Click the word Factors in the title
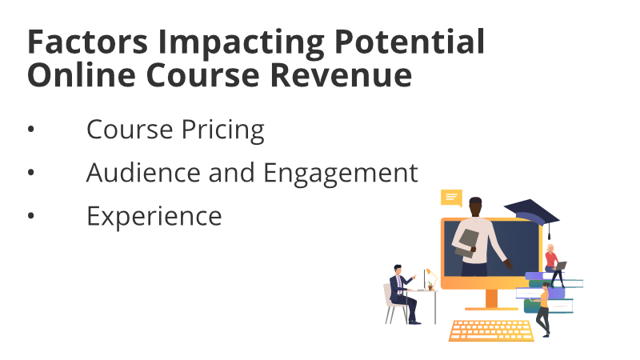coord(87,42)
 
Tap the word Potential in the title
coord(410,42)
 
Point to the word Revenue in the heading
coord(341,75)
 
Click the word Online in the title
coord(82,74)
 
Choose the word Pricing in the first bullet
coord(223,130)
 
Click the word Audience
coord(143,172)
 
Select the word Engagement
coord(341,174)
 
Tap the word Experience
coord(154,216)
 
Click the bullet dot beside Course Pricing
coord(31,130)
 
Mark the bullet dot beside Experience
coord(31,216)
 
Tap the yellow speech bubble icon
coord(451,198)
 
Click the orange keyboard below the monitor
coord(491,330)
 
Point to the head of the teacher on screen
coord(475,207)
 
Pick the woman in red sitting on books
coord(554,265)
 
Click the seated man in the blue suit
coord(402,294)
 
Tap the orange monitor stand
coord(491,300)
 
